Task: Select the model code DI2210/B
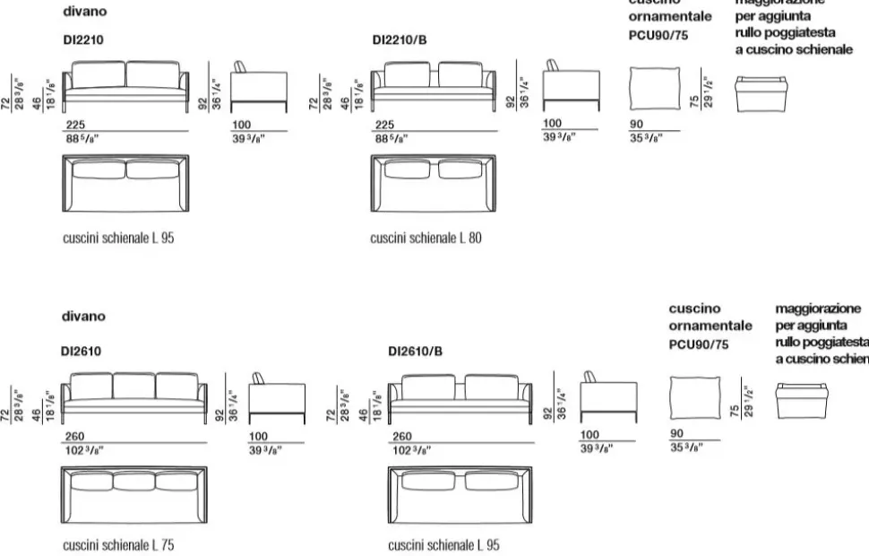pyautogui.click(x=400, y=40)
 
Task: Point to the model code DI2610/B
pyautogui.click(x=415, y=352)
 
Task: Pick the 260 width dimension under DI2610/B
pyautogui.click(x=402, y=436)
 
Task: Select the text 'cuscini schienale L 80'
pyautogui.click(x=426, y=239)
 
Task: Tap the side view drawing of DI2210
pyautogui.click(x=259, y=88)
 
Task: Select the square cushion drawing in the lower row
pyautogui.click(x=695, y=397)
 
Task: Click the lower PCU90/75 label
pyautogui.click(x=699, y=343)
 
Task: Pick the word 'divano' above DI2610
pyautogui.click(x=83, y=316)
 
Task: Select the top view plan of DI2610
pyautogui.click(x=134, y=495)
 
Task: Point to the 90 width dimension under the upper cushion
pyautogui.click(x=636, y=125)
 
